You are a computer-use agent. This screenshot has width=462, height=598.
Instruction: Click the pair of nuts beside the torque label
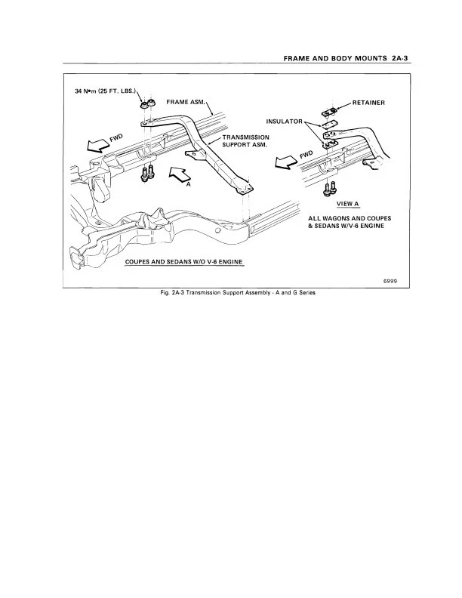(149, 103)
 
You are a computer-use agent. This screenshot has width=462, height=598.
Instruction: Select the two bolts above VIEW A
(329, 187)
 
